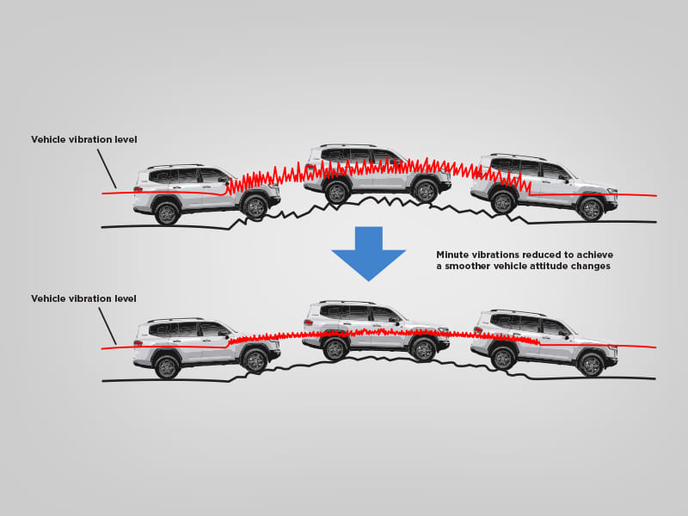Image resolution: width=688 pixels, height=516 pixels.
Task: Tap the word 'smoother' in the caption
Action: coord(468,267)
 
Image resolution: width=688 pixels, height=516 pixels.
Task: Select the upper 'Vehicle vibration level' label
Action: coord(83,139)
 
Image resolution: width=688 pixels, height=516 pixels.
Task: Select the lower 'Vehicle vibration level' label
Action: coord(83,298)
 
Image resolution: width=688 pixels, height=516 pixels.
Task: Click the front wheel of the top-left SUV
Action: coord(254,206)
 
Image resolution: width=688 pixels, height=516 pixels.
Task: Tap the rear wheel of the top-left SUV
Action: coord(166,212)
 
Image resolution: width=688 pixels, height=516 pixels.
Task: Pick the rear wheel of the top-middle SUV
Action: coord(336,192)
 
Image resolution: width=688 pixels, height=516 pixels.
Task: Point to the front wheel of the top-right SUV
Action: coord(591,209)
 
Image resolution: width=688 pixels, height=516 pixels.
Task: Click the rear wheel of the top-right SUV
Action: coord(503,201)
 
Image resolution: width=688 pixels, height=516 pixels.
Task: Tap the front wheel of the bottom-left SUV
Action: coord(254,360)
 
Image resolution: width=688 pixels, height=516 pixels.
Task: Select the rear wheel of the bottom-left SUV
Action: coord(166,367)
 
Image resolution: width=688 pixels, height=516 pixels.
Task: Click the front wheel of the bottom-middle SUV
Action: coord(423,348)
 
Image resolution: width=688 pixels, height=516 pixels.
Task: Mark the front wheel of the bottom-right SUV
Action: coord(591,364)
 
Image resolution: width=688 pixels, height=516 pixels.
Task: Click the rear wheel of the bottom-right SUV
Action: coord(503,357)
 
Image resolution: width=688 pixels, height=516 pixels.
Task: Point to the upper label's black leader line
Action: coord(107,169)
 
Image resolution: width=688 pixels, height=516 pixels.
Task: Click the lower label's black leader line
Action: coord(107,326)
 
